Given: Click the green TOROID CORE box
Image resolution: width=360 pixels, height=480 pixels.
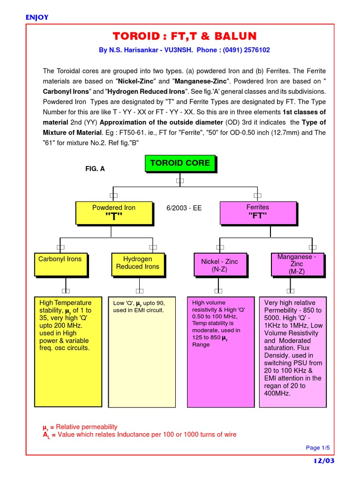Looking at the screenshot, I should click(x=180, y=164).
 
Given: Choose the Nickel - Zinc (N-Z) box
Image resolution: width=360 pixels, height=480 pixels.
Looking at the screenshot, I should click(x=218, y=265).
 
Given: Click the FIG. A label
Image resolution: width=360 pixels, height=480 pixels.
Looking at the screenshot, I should click(x=95, y=169).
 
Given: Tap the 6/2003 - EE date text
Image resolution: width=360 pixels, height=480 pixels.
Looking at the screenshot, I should click(x=184, y=208).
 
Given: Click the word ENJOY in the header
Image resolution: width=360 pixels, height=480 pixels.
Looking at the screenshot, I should click(x=37, y=18).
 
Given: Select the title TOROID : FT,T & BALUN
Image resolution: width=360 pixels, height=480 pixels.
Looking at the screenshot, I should click(x=184, y=37).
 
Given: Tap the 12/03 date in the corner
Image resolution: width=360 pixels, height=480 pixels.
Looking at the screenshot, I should click(x=324, y=461).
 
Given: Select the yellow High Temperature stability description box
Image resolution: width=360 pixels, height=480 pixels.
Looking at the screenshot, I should click(x=68, y=351).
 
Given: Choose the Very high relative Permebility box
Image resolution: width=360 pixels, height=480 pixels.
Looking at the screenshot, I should click(x=293, y=351).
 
